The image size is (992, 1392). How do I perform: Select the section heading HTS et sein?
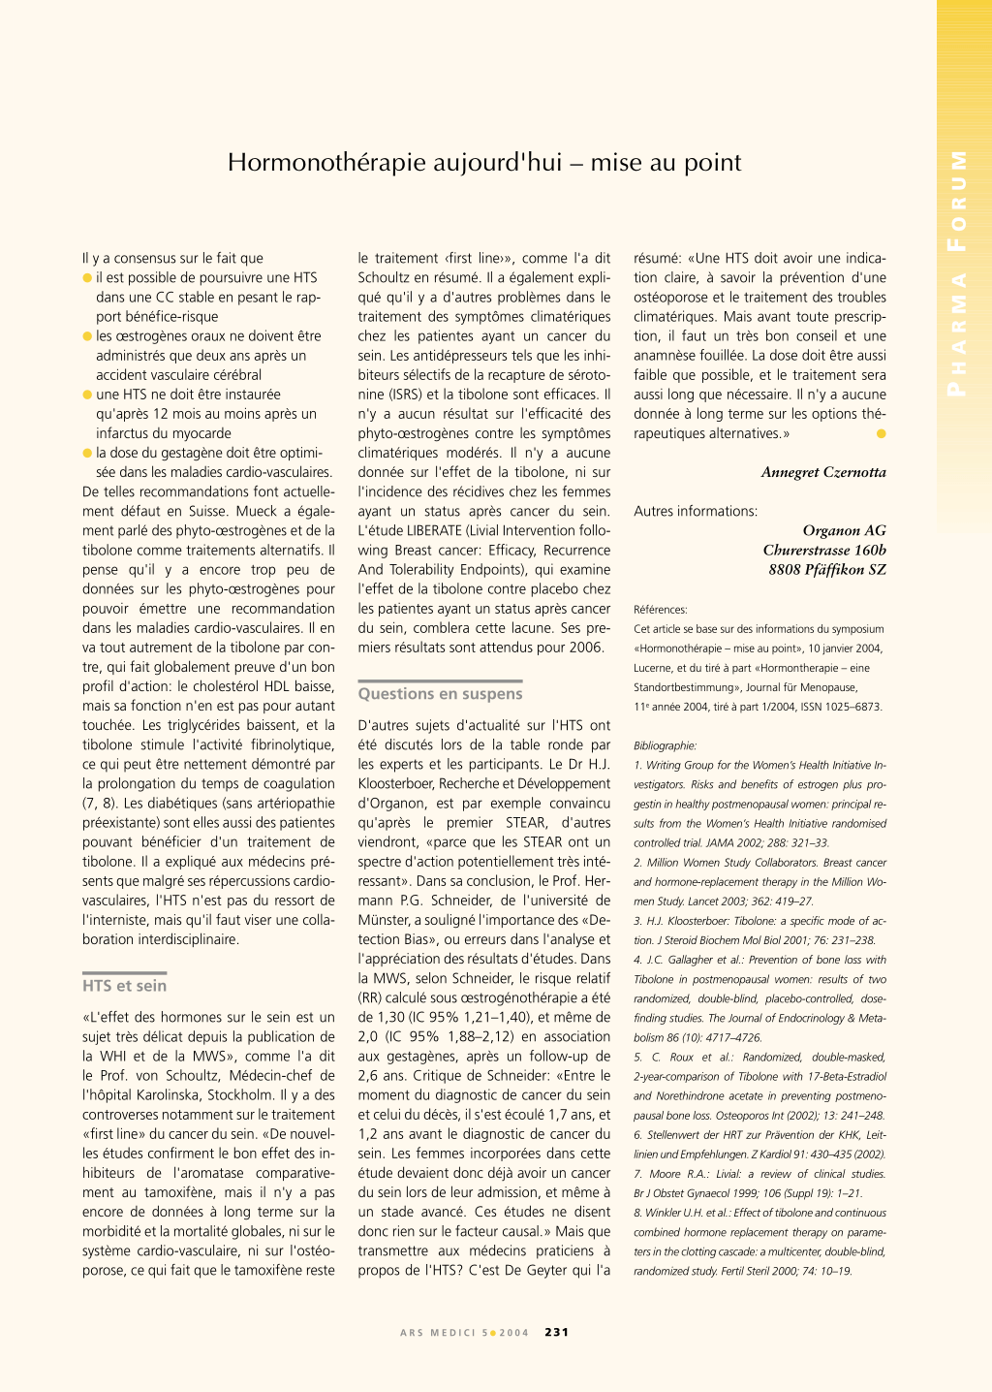(x=124, y=986)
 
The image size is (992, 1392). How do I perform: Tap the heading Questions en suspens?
(x=440, y=694)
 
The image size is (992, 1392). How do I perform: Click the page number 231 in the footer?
(x=557, y=1332)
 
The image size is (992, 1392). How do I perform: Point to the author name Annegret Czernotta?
(x=823, y=472)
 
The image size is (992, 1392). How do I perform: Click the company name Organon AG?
(x=844, y=530)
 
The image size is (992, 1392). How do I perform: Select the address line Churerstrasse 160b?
(x=824, y=550)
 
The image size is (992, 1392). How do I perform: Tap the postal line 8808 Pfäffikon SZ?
(x=827, y=569)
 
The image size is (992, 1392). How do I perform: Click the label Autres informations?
(x=696, y=511)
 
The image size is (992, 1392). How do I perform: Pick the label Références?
(x=661, y=610)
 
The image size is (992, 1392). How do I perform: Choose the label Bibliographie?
(x=666, y=745)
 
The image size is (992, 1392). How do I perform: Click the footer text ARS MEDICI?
(x=438, y=1333)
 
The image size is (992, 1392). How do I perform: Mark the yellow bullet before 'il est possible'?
(x=87, y=278)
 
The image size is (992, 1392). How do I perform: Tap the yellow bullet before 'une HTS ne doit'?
(x=87, y=395)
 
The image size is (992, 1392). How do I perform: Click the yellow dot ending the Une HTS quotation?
(x=881, y=433)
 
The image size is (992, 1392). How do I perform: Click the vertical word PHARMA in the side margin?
(x=957, y=334)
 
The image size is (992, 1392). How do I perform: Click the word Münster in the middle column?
(x=385, y=920)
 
